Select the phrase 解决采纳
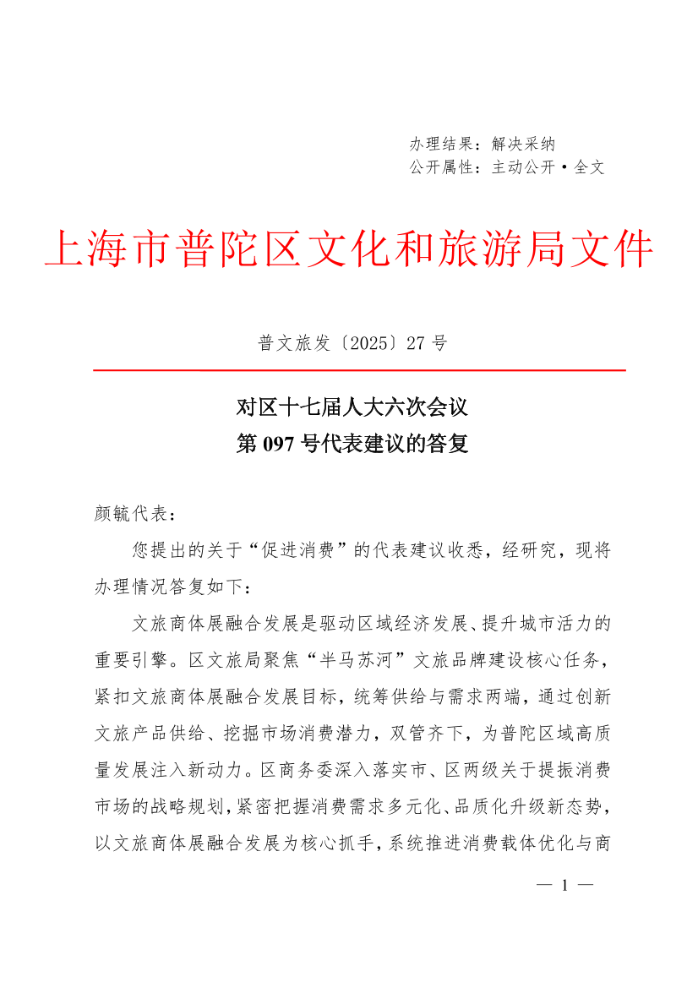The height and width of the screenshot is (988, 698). point(523,145)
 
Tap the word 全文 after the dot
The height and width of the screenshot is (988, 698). point(590,167)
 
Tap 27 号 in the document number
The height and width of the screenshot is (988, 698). point(426,343)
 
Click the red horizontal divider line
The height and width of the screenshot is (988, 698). point(358,370)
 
